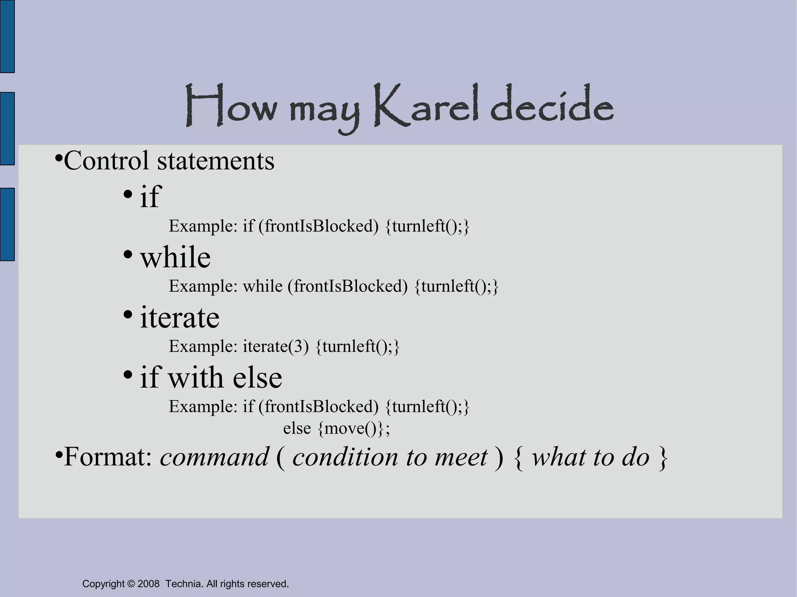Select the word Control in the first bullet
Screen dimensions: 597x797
[106, 160]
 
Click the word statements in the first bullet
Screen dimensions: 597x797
[216, 160]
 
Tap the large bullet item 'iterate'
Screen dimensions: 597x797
[179, 317]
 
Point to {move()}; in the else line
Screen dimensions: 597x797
[353, 429]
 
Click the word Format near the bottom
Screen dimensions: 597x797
[107, 457]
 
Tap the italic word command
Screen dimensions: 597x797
[214, 457]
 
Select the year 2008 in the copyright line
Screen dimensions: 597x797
[148, 584]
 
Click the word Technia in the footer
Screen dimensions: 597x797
[183, 584]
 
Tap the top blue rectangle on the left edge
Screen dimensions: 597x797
[7, 36]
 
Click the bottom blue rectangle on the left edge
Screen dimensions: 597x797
[7, 224]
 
